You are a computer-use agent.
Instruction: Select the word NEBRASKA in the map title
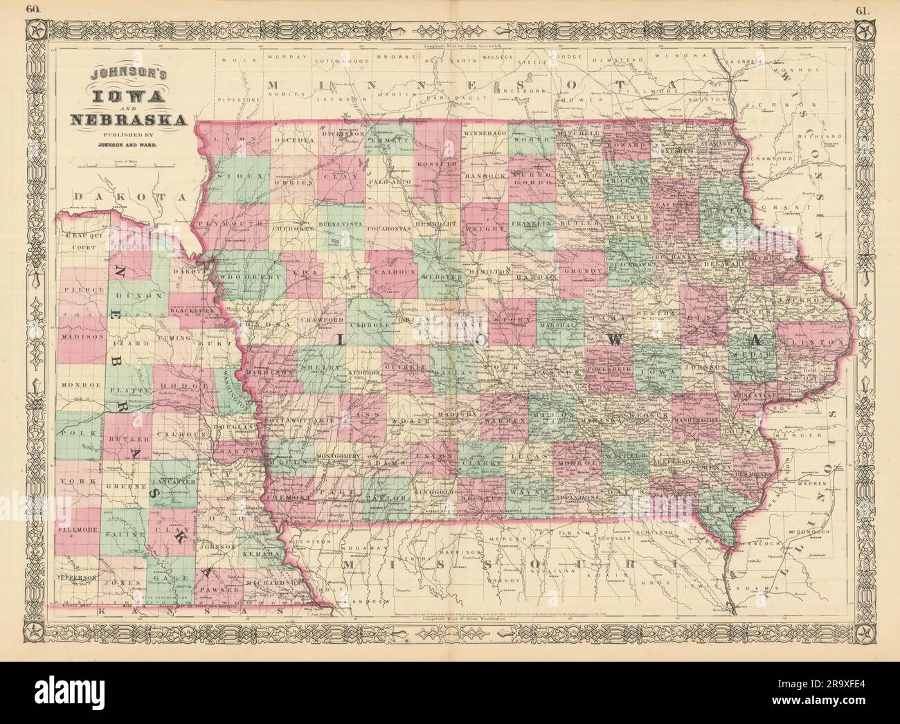pos(129,120)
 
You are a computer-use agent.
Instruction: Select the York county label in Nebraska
pos(72,481)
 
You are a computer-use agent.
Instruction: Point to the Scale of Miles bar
pos(128,166)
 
